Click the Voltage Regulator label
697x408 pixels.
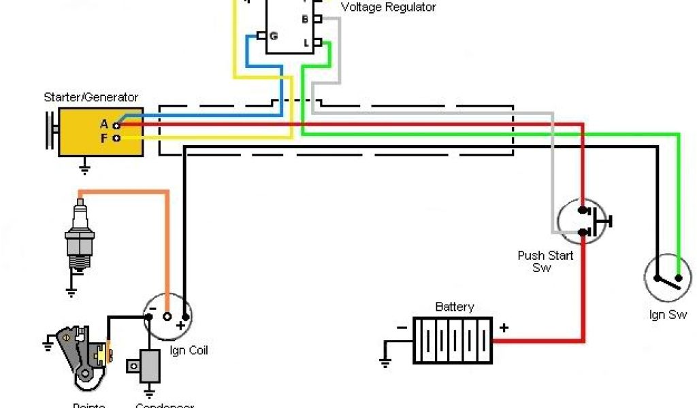(x=388, y=7)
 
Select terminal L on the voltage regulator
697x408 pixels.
(x=317, y=42)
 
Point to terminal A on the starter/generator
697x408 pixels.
(x=117, y=125)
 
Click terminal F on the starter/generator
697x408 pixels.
(x=117, y=137)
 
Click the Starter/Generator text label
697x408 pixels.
(x=91, y=97)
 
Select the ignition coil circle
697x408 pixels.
(x=168, y=316)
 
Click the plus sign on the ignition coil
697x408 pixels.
(x=180, y=326)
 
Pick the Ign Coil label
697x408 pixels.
(x=189, y=351)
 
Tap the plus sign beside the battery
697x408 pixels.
(x=504, y=328)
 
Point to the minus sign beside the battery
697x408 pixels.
(x=402, y=328)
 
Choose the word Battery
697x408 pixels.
(x=454, y=307)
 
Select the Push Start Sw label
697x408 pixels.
(x=545, y=262)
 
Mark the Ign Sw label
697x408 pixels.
(x=667, y=316)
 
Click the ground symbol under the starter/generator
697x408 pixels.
(x=85, y=166)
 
